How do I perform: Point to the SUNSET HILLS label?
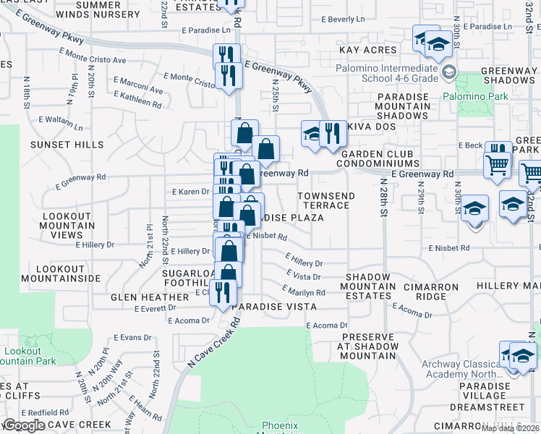[56, 145]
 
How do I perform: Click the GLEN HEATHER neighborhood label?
[150, 297]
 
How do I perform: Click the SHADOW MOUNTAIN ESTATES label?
[370, 286]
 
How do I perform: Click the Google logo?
[24, 425]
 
